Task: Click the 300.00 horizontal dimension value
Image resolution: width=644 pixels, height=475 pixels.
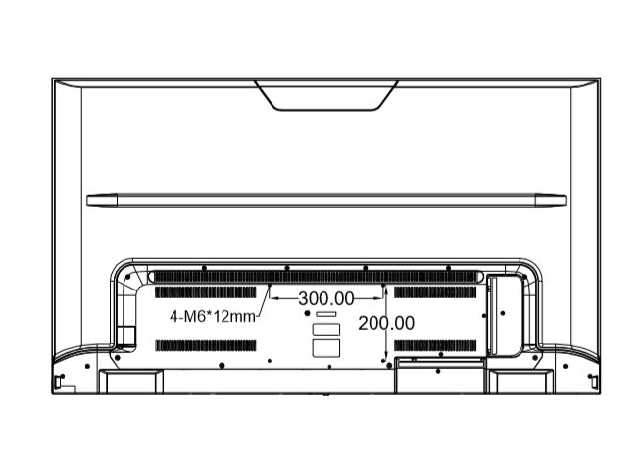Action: [x=326, y=299]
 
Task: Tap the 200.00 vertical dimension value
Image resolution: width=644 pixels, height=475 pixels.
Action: [x=386, y=323]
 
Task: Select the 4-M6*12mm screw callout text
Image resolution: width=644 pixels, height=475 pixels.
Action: [x=213, y=317]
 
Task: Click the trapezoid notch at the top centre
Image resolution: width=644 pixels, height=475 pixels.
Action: [x=325, y=95]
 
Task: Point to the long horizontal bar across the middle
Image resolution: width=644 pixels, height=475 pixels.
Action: [x=326, y=200]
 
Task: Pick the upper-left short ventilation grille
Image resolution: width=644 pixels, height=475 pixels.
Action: [x=206, y=292]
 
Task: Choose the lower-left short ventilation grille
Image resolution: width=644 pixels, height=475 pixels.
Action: [x=206, y=345]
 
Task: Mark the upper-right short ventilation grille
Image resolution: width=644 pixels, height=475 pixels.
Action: [x=435, y=292]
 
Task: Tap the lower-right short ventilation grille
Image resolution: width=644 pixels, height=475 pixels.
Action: [x=435, y=345]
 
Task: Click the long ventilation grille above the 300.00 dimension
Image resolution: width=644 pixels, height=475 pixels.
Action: [x=317, y=277]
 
